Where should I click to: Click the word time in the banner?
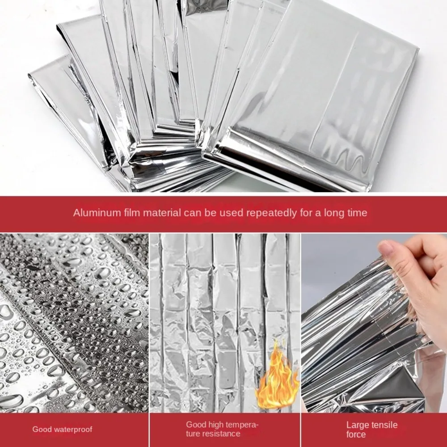tap(356, 213)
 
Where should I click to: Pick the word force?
tap(356, 434)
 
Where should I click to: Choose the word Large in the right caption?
tap(357, 426)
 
